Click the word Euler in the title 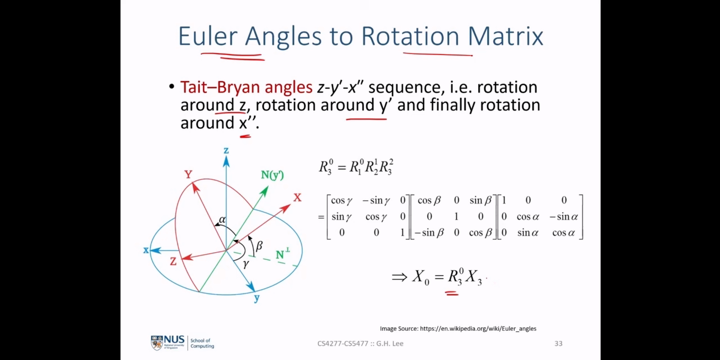208,36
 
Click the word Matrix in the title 505,36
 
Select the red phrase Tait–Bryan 220,87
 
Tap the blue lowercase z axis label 226,150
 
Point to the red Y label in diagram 188,174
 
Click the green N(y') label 272,175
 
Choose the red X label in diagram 298,197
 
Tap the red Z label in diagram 173,262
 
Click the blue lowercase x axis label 146,250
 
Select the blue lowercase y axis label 256,298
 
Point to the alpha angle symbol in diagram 222,219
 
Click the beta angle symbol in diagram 259,246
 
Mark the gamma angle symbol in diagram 246,264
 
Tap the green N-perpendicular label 283,254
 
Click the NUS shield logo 157,343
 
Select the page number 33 559,344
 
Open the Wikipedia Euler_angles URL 478,328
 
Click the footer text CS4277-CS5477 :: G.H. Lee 361,344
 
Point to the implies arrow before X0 399,277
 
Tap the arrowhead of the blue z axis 226,161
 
